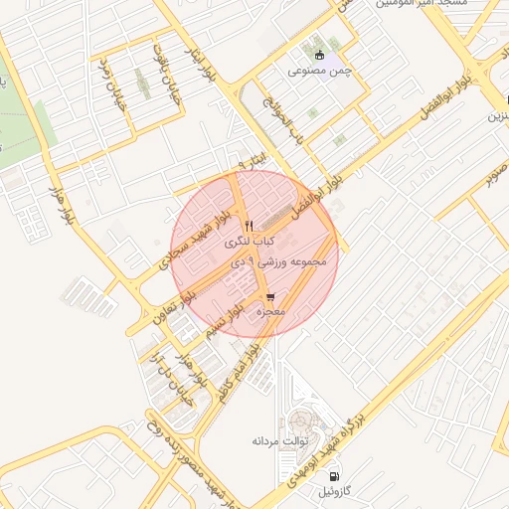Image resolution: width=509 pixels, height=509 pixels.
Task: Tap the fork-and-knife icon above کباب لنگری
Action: coord(249,225)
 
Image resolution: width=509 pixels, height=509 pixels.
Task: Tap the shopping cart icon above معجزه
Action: coord(270,297)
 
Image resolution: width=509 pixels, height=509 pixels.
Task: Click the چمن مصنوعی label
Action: coord(319,71)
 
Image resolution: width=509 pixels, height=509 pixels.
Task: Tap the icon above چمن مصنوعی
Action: coord(319,55)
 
